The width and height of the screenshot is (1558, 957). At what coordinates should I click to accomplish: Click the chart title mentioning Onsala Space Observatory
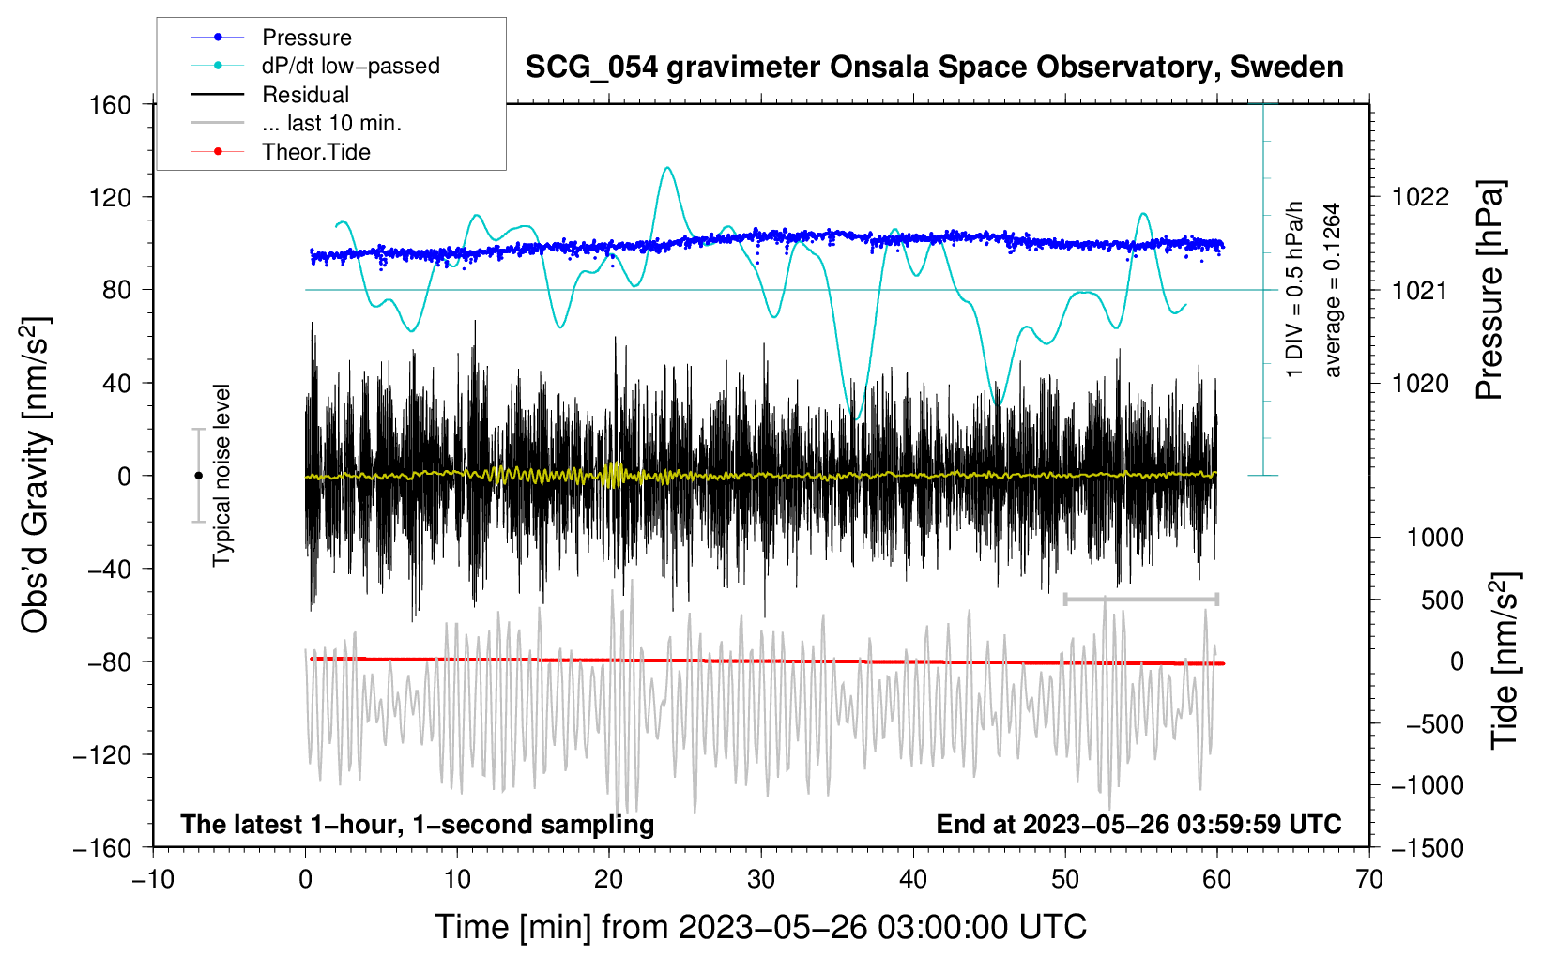pos(934,68)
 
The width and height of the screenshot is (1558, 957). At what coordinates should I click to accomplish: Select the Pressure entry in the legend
pos(307,37)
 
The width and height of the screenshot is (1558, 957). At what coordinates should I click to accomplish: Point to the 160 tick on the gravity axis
pos(111,105)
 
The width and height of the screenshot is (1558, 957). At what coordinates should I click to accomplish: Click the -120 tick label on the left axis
pos(102,754)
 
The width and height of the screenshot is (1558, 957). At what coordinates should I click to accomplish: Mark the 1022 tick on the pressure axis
pos(1420,197)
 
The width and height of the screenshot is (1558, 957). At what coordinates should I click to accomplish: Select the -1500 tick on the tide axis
pos(1428,848)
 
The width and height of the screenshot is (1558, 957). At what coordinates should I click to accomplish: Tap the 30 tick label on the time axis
pos(761,879)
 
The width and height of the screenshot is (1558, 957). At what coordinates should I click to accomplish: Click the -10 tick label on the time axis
pos(153,879)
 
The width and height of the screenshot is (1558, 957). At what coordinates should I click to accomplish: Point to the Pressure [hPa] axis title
pos(1489,290)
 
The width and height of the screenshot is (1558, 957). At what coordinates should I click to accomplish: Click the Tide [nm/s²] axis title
pos(1505,661)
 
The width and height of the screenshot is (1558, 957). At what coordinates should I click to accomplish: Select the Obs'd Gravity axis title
pos(37,475)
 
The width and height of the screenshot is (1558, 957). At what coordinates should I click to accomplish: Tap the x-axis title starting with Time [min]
pos(761,927)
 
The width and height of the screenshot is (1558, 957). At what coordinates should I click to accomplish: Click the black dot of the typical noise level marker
pos(198,476)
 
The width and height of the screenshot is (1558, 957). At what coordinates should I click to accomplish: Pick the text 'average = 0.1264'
pos(1332,290)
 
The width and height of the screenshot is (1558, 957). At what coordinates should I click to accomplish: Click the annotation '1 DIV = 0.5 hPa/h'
pos(1293,290)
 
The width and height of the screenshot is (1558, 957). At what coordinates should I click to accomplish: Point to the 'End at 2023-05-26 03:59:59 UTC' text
pos(1138,824)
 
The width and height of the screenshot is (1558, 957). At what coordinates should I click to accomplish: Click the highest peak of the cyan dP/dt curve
pos(667,167)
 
